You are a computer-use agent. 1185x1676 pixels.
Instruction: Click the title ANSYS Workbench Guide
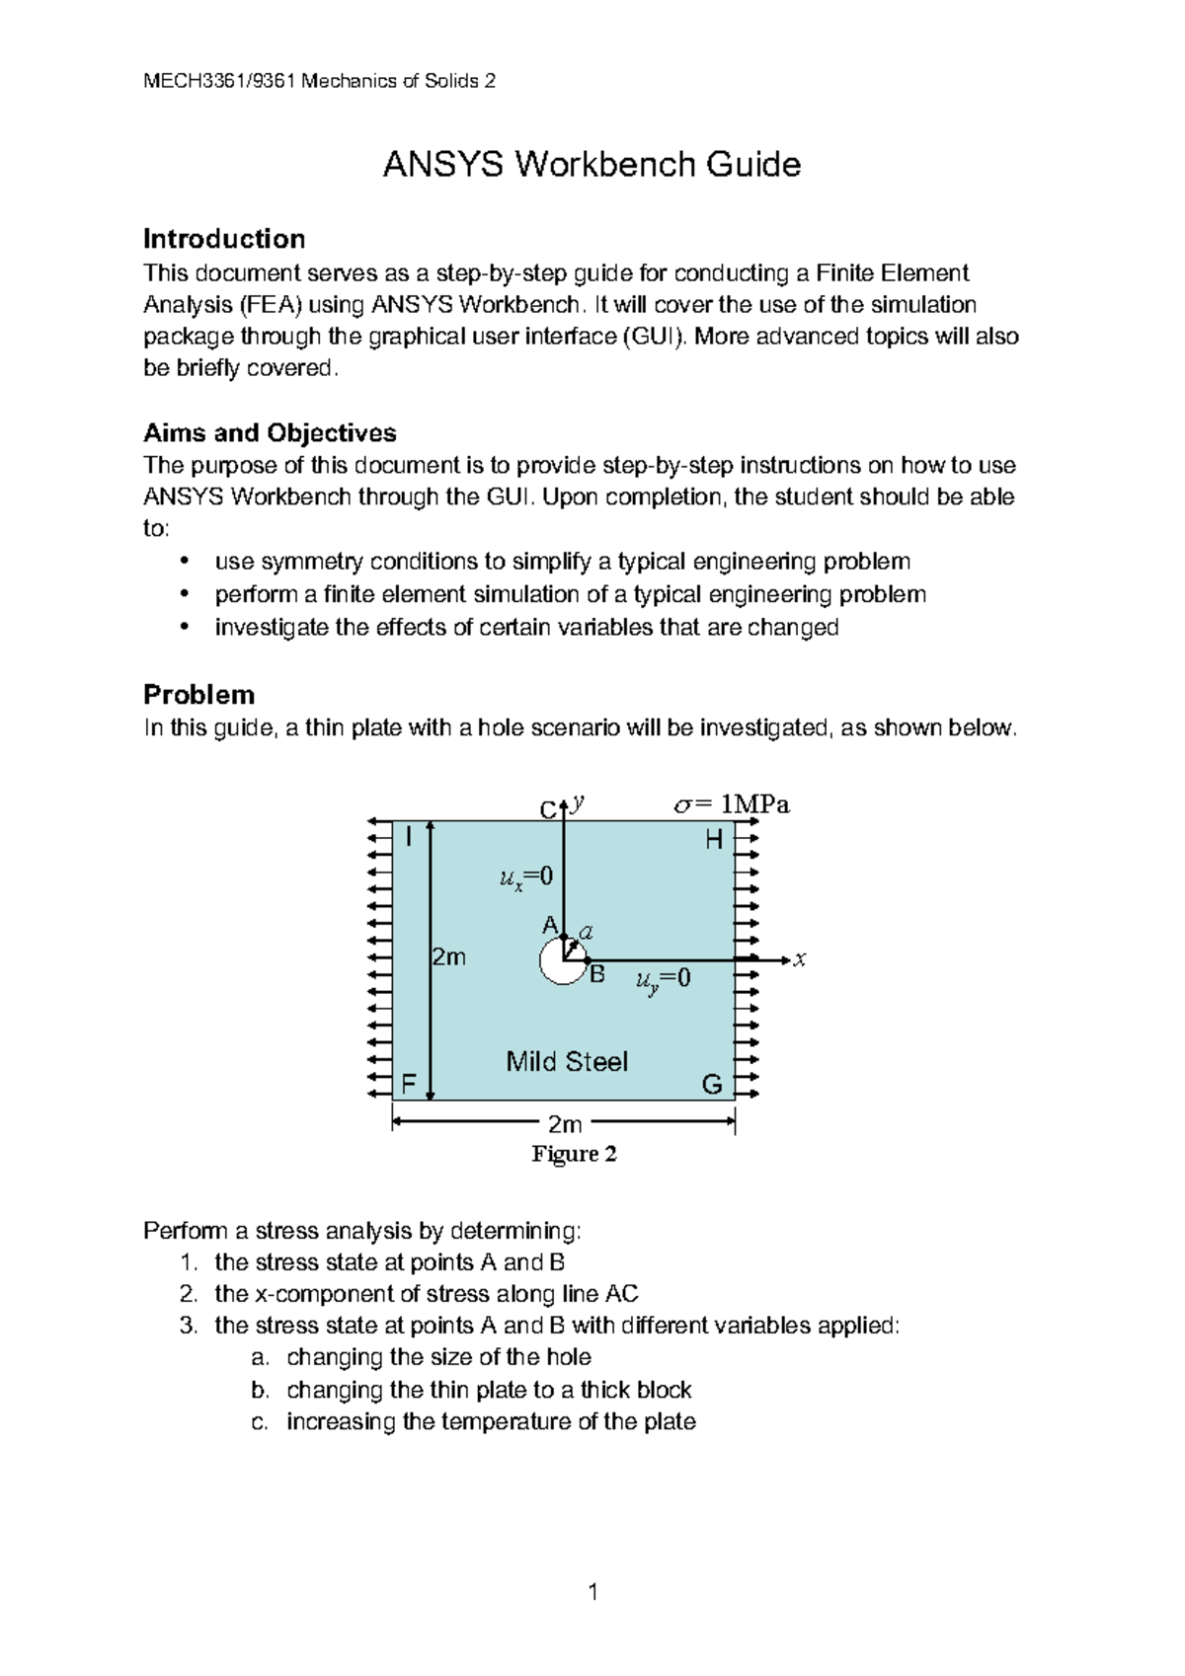[x=592, y=164]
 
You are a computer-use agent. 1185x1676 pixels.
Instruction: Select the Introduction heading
[x=224, y=239]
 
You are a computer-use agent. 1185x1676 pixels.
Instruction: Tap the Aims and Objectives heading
[x=270, y=432]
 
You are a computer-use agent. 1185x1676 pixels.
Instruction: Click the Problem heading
[x=198, y=694]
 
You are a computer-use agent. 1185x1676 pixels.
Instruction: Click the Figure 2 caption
[x=574, y=1154]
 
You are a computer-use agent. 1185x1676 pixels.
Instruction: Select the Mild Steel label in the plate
[x=567, y=1062]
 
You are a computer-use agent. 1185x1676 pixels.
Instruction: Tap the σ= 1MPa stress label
[x=731, y=805]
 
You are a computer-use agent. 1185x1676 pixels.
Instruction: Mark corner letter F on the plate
[x=408, y=1086]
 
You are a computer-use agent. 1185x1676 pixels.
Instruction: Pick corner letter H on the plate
[x=714, y=841]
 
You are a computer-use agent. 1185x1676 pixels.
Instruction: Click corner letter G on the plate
[x=712, y=1086]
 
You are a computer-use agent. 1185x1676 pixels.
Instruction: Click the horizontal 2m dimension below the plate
[x=565, y=1124]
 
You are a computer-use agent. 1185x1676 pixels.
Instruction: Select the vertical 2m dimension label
[x=449, y=957]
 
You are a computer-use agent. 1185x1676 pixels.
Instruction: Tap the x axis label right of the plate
[x=800, y=958]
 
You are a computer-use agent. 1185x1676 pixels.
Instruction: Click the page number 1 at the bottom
[x=592, y=1591]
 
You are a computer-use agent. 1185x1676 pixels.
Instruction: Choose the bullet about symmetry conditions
[x=562, y=562]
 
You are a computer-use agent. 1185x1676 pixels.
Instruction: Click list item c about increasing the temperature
[x=491, y=1421]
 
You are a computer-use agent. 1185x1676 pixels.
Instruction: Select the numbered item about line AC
[x=426, y=1293]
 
